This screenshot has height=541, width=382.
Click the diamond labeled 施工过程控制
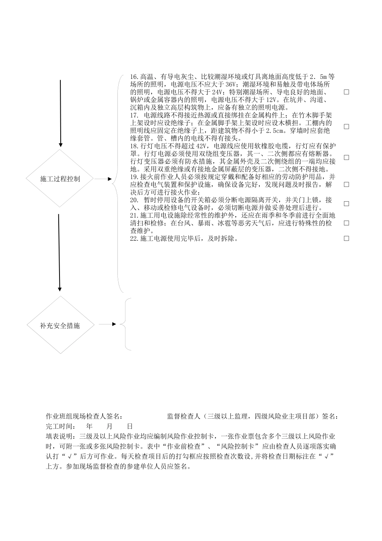click(60, 178)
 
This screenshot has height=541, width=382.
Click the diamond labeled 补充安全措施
click(60, 325)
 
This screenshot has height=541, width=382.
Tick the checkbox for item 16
click(346, 92)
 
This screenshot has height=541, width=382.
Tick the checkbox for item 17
click(346, 126)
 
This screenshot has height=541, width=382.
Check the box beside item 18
click(346, 157)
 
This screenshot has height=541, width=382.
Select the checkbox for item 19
click(346, 184)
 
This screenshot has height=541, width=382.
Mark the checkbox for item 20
click(346, 204)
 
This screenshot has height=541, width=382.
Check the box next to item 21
click(346, 223)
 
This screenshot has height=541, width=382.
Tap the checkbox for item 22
click(346, 238)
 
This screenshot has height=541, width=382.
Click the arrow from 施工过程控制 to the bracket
click(103, 179)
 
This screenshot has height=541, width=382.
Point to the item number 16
click(134, 77)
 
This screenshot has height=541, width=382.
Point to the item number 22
click(134, 238)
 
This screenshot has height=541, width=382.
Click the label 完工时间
click(60, 426)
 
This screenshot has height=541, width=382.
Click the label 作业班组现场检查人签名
click(84, 416)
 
